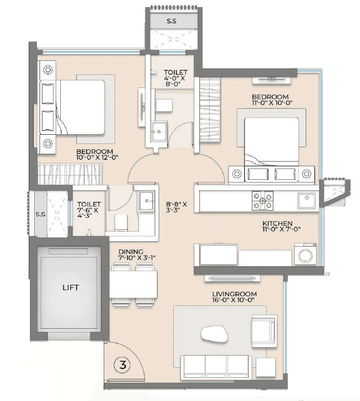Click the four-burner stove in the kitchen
pos(263,200)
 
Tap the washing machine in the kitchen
pos(305,254)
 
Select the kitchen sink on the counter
pos(307,200)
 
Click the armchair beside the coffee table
pos(264,330)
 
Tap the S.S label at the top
pos(172,21)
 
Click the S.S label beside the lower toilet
pos(40,214)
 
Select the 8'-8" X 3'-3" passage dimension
pos(176,208)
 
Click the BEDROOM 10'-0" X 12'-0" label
pos(94,154)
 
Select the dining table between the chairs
pos(133,284)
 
